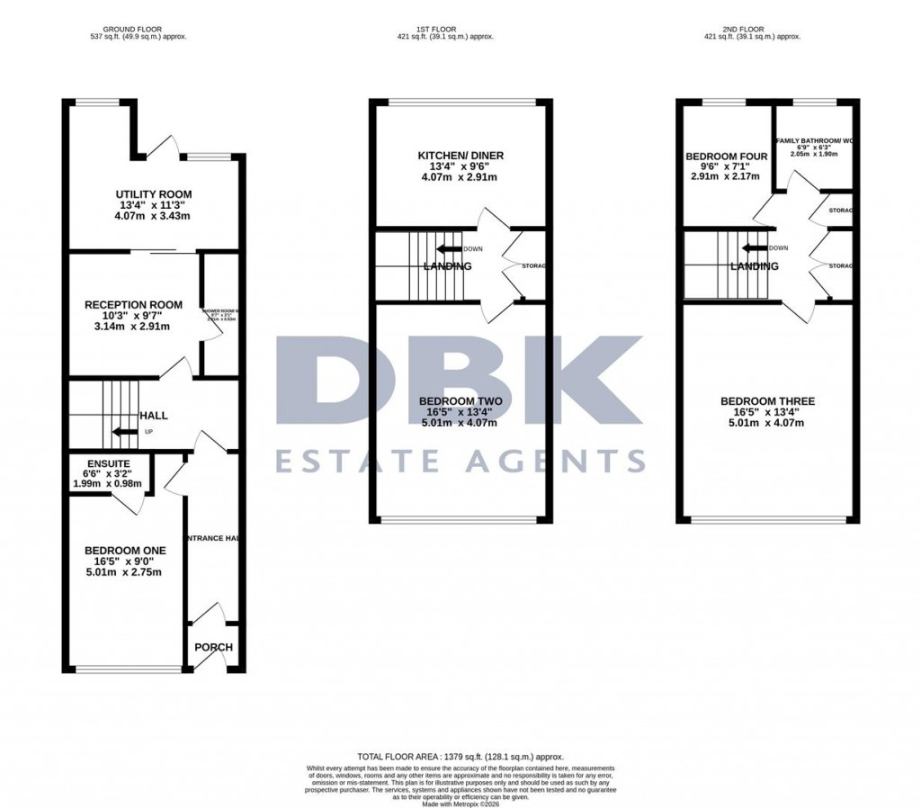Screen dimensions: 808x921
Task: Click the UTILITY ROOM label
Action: point(153,194)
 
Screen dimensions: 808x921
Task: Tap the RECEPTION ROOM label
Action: point(134,305)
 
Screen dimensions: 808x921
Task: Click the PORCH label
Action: point(213,647)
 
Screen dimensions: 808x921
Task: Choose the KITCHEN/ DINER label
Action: point(460,156)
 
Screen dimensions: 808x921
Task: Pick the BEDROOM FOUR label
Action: point(727,157)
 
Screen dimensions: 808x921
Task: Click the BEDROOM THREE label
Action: point(767,401)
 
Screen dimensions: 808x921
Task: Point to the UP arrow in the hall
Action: point(126,432)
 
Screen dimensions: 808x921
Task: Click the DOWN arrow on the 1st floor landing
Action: point(449,248)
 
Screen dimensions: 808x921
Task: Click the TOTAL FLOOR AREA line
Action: point(460,758)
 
